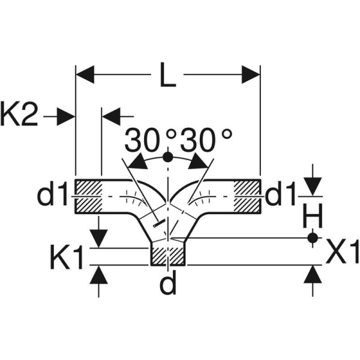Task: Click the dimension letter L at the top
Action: (x=168, y=76)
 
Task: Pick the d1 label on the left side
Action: (x=54, y=196)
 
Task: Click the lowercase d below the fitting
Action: (x=169, y=283)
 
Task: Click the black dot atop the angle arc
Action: (x=168, y=157)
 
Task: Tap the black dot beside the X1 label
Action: (x=311, y=238)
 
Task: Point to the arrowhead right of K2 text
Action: (x=65, y=116)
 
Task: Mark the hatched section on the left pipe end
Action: (x=88, y=196)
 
